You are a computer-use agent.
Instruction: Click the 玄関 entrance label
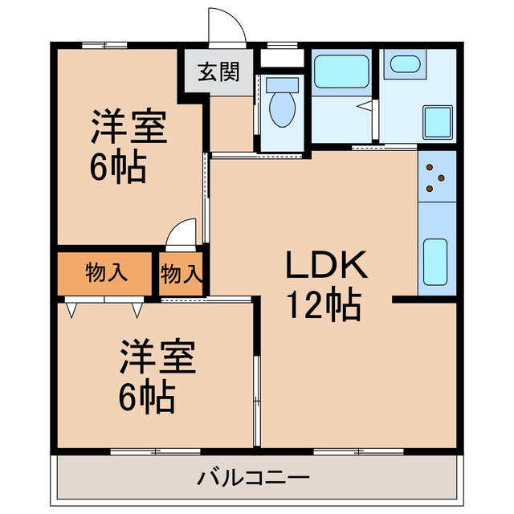point(219,72)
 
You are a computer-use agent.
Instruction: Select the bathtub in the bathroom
point(341,71)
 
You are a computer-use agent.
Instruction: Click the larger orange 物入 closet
point(104,273)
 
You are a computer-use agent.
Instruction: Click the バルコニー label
point(254,479)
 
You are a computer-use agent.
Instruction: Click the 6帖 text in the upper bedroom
point(117,168)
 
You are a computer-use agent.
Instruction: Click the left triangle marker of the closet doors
point(71,308)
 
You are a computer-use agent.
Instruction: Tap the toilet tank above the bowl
point(281,84)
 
